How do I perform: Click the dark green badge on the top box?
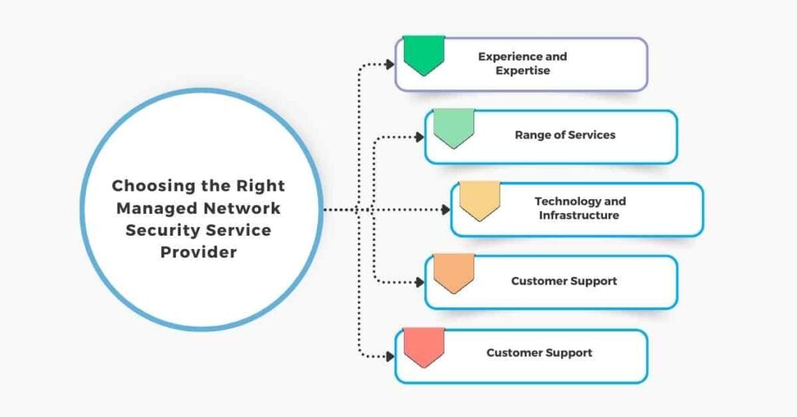(x=423, y=54)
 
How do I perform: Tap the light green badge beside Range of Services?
(x=454, y=128)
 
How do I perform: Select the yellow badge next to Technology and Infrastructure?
(x=479, y=201)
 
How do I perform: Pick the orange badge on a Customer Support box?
(x=454, y=273)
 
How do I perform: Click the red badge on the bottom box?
(x=423, y=346)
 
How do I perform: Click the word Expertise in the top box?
(x=522, y=71)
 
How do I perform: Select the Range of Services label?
(x=564, y=135)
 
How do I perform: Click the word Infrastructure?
(x=579, y=215)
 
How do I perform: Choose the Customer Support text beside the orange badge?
(x=564, y=281)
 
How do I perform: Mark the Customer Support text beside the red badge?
(x=539, y=353)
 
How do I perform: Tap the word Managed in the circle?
(x=156, y=208)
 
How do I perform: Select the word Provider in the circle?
(x=198, y=253)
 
